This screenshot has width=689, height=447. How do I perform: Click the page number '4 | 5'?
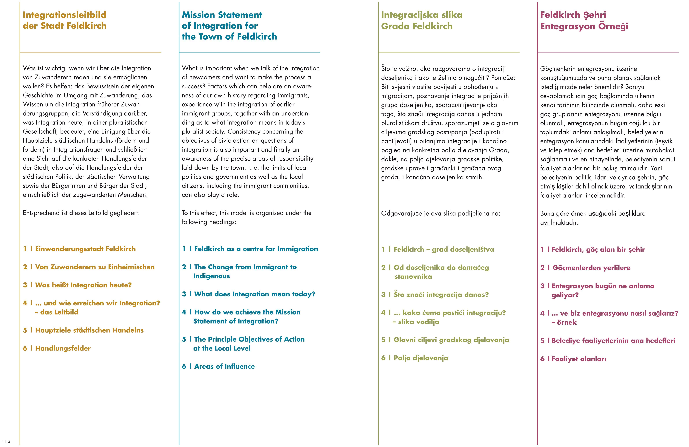click(x=6, y=442)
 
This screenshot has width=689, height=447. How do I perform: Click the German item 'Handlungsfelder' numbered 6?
click(x=63, y=348)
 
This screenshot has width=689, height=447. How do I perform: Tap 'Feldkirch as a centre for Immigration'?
click(x=256, y=249)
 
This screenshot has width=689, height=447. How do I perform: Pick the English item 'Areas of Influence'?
click(x=224, y=366)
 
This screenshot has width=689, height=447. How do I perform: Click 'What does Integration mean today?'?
click(x=254, y=294)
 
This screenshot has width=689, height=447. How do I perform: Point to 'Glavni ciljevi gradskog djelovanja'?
click(x=451, y=340)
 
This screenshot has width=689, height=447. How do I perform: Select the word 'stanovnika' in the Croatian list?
click(x=413, y=277)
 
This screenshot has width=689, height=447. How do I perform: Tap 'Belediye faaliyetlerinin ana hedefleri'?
click(x=613, y=340)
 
